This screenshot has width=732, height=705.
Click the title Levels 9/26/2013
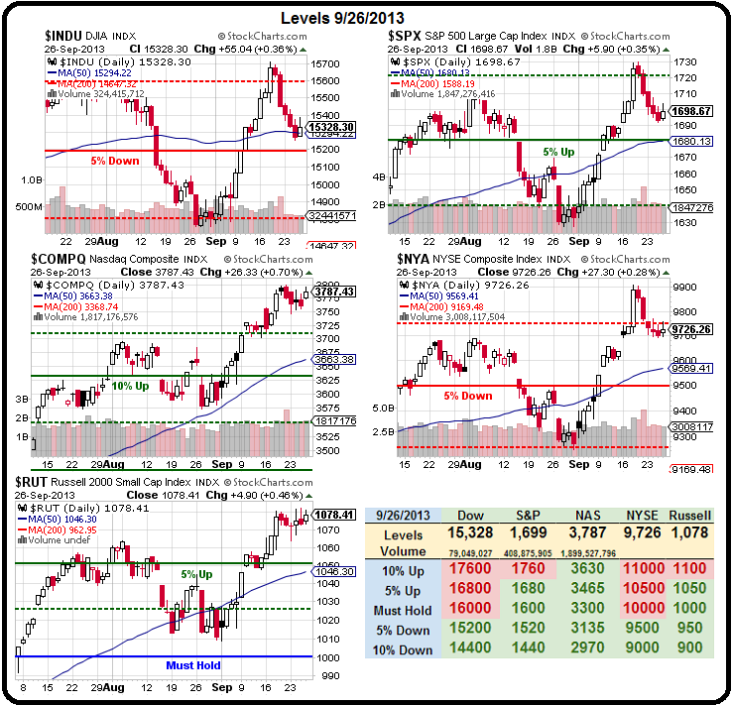point(343,18)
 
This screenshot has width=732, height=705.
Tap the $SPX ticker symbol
point(407,36)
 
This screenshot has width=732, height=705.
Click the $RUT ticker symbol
point(37,481)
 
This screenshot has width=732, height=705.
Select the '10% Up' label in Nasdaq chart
point(130,386)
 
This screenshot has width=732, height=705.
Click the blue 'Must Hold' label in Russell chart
point(193,665)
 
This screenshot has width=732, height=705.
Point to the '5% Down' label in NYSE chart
point(467,396)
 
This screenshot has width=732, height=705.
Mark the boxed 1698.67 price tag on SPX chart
point(691,111)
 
